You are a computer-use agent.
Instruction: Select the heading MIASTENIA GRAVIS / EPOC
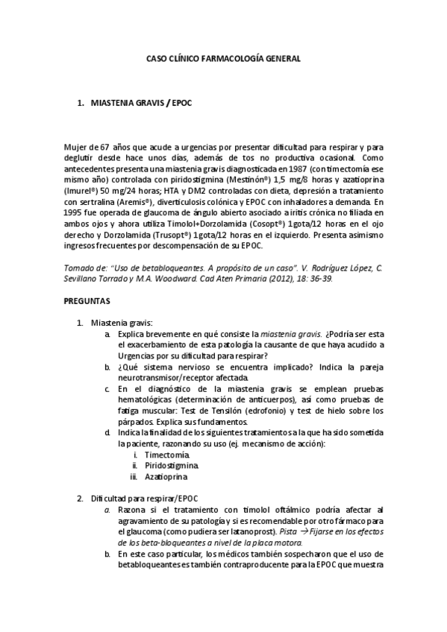pos(141,103)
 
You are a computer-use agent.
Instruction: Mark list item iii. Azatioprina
pos(166,475)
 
